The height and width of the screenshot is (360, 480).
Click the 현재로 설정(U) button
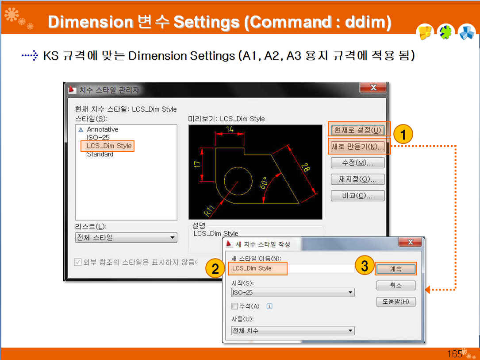tap(357, 130)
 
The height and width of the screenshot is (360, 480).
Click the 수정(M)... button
tap(357, 163)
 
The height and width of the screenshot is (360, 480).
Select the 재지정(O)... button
tap(357, 179)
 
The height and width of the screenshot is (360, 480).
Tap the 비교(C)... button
tap(357, 196)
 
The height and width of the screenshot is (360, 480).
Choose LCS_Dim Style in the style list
tap(109, 146)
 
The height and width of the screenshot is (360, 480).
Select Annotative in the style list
tap(103, 129)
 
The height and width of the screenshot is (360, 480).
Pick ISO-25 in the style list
tap(98, 138)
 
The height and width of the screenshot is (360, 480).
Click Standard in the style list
tap(100, 154)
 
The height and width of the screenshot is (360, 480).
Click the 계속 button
tap(396, 269)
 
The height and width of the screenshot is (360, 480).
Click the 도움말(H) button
tap(396, 302)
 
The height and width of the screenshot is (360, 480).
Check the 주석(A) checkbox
tap(234, 306)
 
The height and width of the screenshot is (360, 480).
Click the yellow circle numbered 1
tap(403, 134)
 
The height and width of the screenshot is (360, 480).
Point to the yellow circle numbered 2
tap(215, 269)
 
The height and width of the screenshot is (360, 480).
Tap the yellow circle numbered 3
tap(365, 265)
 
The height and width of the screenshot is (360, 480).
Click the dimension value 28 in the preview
tap(305, 167)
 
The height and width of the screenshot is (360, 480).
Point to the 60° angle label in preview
tap(263, 182)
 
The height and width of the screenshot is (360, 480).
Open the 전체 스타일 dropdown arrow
tap(173, 237)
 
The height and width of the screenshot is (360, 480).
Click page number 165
tap(455, 354)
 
